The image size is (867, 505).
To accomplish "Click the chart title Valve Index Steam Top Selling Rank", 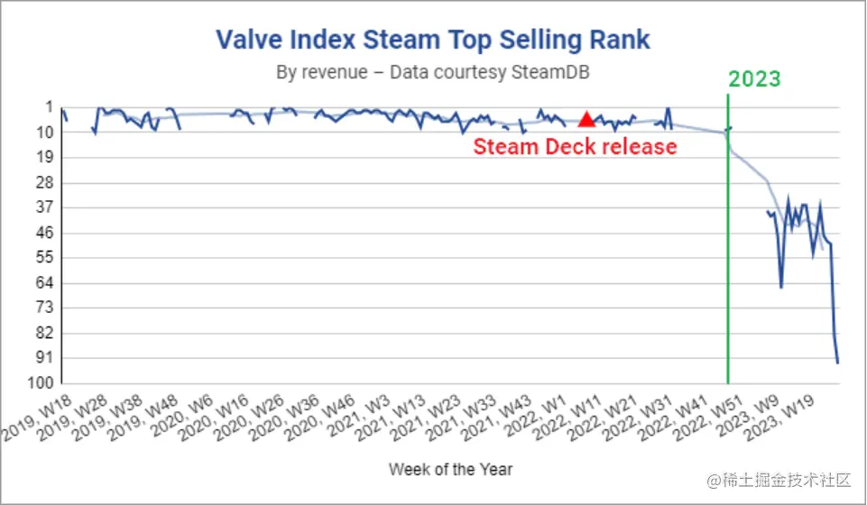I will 433,40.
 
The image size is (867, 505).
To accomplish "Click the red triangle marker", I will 586,119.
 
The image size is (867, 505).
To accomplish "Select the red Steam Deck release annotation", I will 575,146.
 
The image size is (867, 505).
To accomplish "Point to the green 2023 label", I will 754,78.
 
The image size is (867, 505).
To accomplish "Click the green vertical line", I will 728,271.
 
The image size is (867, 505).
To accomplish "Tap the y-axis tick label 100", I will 40,383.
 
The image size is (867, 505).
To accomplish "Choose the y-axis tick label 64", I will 43,282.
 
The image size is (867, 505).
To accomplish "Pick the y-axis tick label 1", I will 49,106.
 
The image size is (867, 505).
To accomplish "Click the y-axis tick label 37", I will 43,207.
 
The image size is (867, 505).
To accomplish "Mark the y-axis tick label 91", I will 43,358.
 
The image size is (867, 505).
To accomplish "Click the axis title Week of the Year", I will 451,469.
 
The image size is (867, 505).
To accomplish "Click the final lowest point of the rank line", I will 838,363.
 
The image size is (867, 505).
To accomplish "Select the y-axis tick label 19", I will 43,157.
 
